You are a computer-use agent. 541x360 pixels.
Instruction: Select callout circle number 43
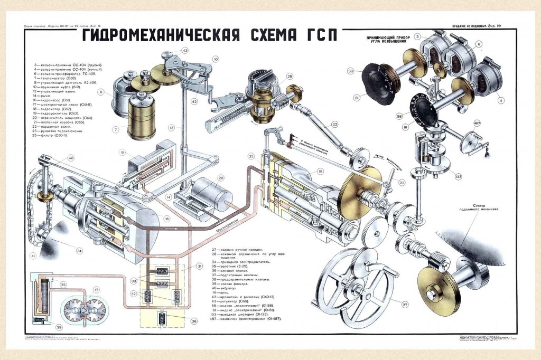pos(184,51)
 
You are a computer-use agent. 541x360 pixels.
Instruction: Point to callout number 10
pos(216,59)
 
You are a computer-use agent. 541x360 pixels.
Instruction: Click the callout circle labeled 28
pos(290,77)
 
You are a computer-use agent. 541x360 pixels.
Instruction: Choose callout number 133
pos(458,176)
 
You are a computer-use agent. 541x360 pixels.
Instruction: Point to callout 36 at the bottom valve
pos(194,320)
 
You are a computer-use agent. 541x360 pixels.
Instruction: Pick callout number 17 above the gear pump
pos(96,290)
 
